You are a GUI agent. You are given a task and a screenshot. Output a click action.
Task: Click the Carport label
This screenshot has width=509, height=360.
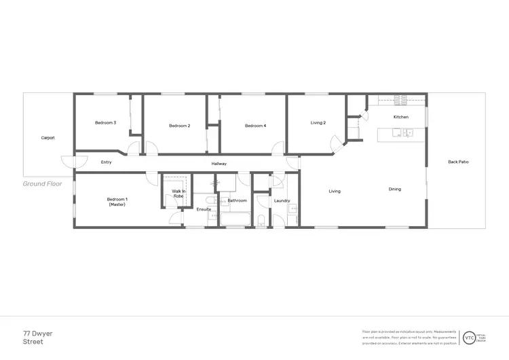[48, 138]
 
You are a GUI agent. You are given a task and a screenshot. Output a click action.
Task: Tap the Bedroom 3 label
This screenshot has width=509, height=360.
[105, 123]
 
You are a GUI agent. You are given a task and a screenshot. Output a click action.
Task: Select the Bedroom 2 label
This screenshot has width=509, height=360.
[179, 126]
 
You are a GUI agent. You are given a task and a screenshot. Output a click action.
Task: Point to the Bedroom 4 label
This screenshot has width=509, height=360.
[255, 126]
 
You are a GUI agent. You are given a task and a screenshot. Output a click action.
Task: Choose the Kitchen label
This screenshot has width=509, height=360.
[401, 118]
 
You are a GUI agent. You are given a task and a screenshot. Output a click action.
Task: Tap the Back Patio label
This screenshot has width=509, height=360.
[458, 162]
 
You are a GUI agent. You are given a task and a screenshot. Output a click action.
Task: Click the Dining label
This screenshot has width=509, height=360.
[395, 190]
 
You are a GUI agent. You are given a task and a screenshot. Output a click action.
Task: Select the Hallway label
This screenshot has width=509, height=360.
[219, 164]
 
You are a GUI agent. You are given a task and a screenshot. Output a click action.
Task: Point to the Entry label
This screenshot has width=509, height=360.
[106, 162]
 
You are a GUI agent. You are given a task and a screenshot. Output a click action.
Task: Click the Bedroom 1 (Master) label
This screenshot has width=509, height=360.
[117, 202]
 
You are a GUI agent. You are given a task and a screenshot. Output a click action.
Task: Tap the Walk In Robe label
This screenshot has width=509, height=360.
[178, 194]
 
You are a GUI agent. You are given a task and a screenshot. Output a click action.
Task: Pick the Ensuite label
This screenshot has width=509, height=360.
[204, 209]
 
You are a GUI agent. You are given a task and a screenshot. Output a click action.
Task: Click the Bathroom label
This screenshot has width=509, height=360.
[237, 201]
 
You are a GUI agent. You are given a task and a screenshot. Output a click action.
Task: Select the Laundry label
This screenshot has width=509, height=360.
[282, 201]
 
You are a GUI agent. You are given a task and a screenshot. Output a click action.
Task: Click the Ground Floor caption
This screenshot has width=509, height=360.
[43, 183]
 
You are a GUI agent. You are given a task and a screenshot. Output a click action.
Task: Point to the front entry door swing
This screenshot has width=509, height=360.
[70, 162]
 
